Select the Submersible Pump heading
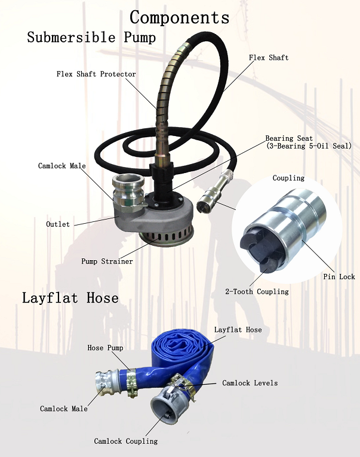(91, 38)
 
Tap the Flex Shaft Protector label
(96, 75)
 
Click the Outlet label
(58, 224)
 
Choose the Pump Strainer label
(107, 261)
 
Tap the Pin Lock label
(339, 277)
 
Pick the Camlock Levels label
(250, 383)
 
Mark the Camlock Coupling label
(126, 441)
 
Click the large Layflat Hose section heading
(70, 298)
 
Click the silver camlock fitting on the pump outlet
(125, 190)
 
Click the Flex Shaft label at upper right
(269, 58)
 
